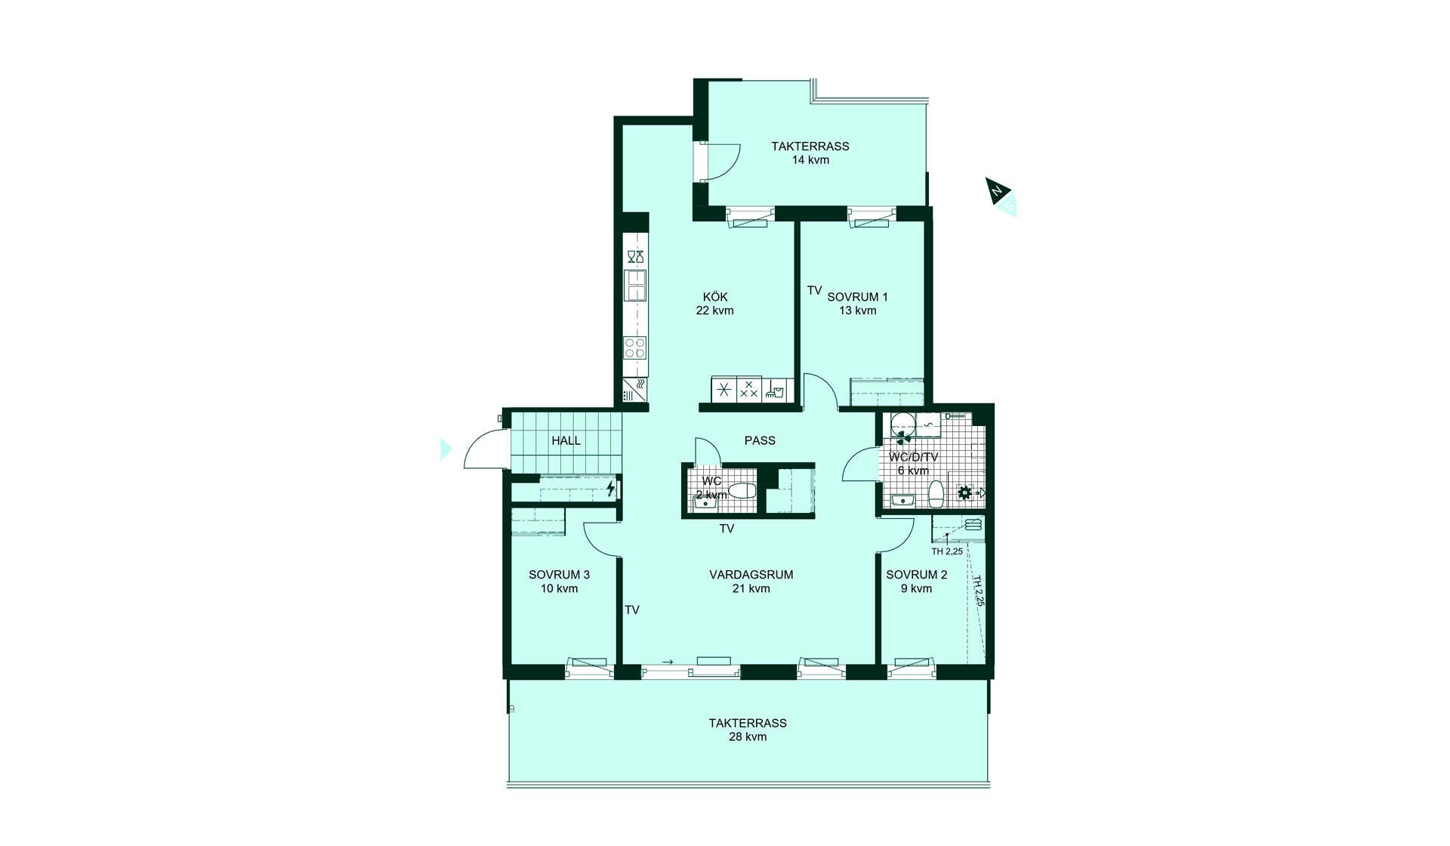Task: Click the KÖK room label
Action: pyautogui.click(x=715, y=297)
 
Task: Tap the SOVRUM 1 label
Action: pyautogui.click(x=857, y=297)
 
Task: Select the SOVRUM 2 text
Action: pyautogui.click(x=916, y=575)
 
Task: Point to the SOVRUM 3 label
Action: pyautogui.click(x=559, y=575)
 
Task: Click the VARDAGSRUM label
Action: pyautogui.click(x=751, y=575)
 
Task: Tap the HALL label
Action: pyautogui.click(x=566, y=440)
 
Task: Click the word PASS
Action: pyautogui.click(x=760, y=440)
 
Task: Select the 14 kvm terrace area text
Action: pyautogui.click(x=810, y=160)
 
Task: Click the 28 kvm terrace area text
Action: pyautogui.click(x=748, y=737)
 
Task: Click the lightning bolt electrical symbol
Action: pyautogui.click(x=610, y=489)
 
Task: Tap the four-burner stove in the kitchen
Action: pyautogui.click(x=635, y=347)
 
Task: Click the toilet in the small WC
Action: pyautogui.click(x=742, y=491)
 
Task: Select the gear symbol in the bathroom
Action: pyautogui.click(x=964, y=493)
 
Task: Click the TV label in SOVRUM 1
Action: pyautogui.click(x=814, y=291)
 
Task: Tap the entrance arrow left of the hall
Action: pyautogui.click(x=446, y=449)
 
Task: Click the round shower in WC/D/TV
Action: pyautogui.click(x=902, y=425)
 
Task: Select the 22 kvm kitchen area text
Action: pyautogui.click(x=715, y=310)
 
